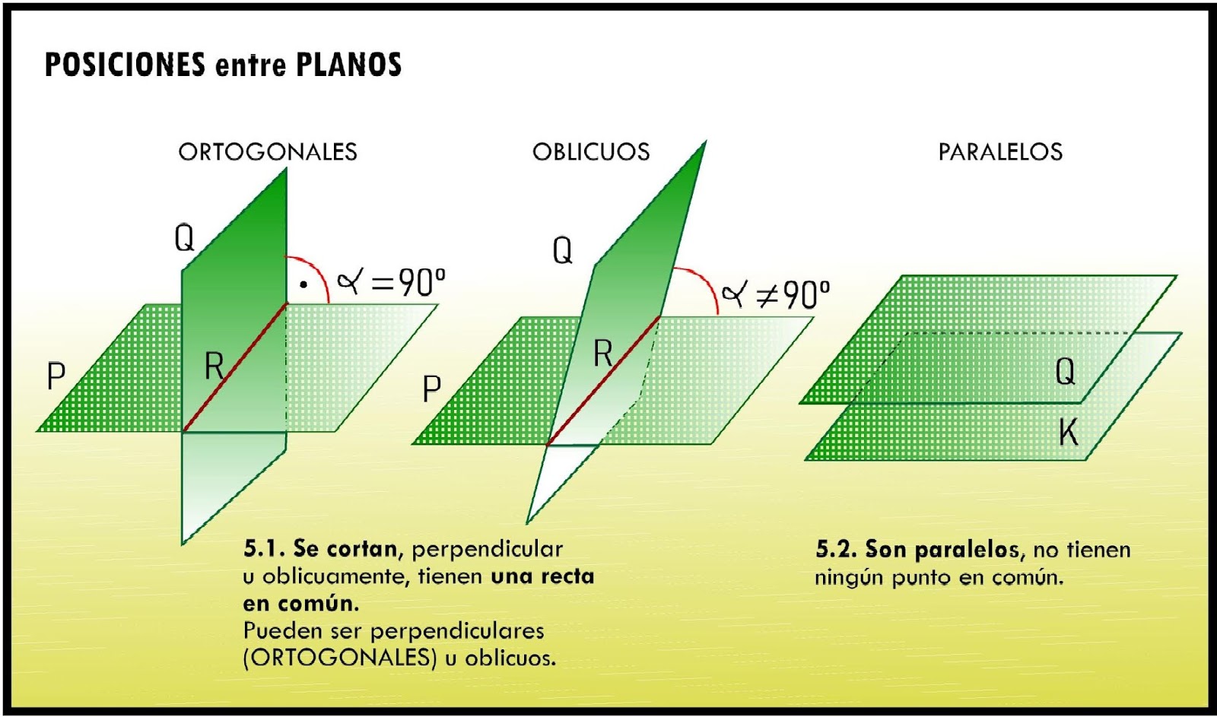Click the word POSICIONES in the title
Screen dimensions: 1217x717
coord(125,65)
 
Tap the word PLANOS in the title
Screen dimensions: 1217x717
coord(348,65)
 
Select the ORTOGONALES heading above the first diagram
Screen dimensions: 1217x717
coord(268,152)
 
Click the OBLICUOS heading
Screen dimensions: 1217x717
coord(591,152)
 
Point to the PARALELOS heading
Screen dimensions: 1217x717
coord(1000,152)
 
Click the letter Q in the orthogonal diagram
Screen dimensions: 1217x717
coord(184,238)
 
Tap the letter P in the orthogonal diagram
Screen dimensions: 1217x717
coord(56,376)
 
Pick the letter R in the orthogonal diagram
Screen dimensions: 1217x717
coord(214,366)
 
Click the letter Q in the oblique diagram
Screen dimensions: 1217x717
coord(562,250)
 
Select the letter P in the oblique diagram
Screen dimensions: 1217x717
coord(431,389)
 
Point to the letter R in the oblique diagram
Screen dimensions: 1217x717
coord(602,354)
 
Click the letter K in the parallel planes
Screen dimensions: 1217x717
coord(1068,433)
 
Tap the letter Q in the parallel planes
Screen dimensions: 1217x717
coord(1065,372)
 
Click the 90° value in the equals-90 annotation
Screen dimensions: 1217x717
coord(421,283)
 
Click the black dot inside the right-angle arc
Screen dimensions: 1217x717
coord(303,285)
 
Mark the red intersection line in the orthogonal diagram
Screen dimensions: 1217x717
coord(234,367)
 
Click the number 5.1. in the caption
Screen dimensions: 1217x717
coord(264,548)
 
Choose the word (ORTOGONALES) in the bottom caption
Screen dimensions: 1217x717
coord(340,658)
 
